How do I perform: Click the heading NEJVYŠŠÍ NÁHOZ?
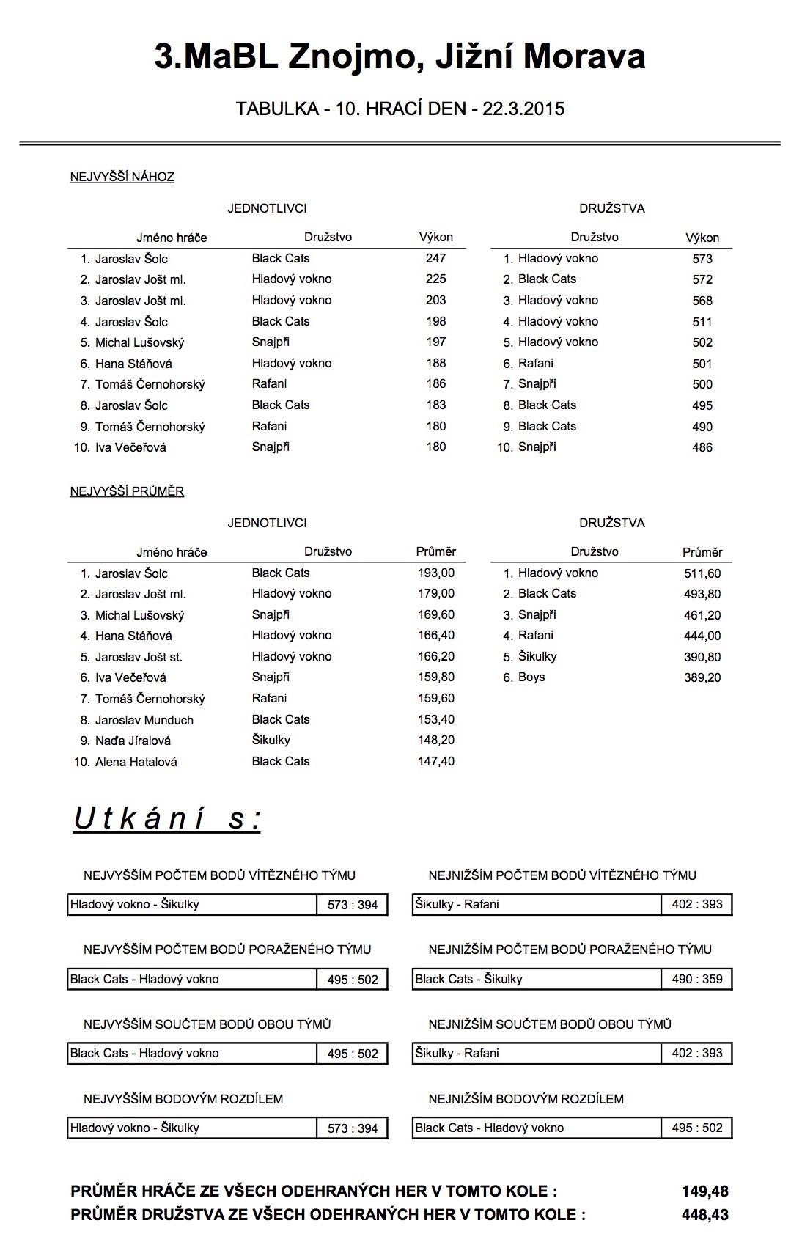[122, 177]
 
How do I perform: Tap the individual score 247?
[435, 258]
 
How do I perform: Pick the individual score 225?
[435, 279]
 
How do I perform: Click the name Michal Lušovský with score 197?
[139, 342]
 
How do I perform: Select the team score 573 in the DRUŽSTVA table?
[702, 259]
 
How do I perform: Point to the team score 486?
[702, 447]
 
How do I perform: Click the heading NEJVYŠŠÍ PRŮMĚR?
[127, 491]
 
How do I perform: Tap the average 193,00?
[436, 573]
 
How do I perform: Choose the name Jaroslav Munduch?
[144, 720]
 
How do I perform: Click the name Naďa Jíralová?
[133, 741]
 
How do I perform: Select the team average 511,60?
[702, 573]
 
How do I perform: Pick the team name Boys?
[531, 677]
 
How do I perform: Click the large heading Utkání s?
[167, 819]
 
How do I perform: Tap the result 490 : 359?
[696, 979]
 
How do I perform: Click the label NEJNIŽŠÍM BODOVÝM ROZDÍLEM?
[526, 1099]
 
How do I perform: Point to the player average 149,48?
[704, 1191]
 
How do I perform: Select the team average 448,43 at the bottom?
[704, 1215]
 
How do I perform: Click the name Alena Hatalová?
[136, 762]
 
